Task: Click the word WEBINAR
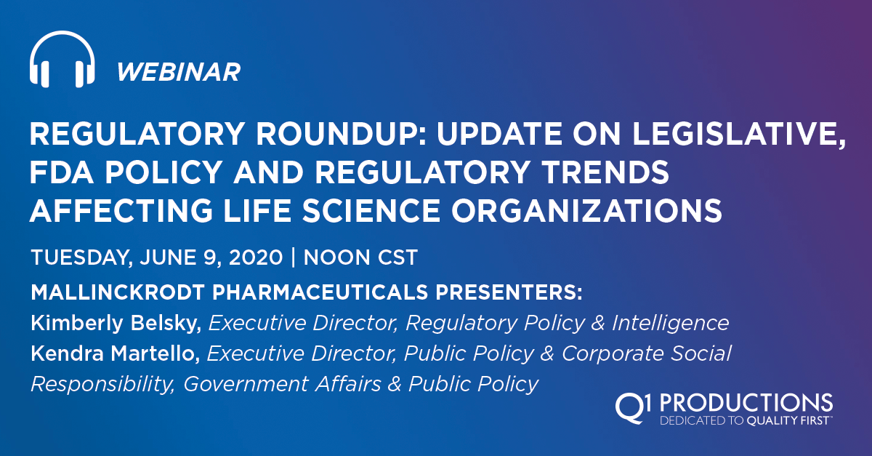(178, 71)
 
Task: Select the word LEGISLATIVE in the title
(739, 137)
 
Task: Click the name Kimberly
(75, 323)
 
